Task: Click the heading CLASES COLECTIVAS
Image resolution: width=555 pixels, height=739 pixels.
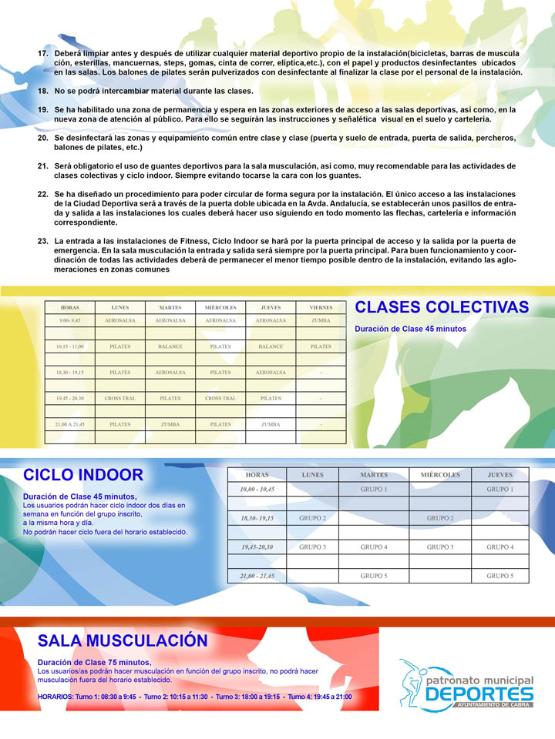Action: coord(442,308)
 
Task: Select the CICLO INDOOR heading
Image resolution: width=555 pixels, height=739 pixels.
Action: coord(83,475)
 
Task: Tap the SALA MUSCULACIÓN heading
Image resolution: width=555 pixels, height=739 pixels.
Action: coord(123,640)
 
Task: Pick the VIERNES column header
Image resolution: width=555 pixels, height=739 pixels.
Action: coord(321,307)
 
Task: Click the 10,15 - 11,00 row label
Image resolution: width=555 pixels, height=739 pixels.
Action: coord(70,346)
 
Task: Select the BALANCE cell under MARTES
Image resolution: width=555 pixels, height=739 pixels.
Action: coord(170,346)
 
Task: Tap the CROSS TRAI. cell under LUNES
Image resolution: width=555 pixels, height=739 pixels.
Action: coord(119,398)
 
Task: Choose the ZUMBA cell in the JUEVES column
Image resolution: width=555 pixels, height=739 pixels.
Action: coord(271,424)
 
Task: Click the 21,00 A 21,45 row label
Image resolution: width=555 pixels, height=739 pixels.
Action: coord(70,424)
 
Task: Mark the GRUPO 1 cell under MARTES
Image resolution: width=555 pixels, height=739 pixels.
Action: coord(374,490)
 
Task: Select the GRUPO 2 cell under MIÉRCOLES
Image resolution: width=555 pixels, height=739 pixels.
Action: coord(440,518)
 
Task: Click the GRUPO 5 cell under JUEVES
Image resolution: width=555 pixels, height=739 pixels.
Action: coord(500,576)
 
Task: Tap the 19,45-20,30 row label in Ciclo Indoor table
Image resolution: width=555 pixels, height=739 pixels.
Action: coord(257,547)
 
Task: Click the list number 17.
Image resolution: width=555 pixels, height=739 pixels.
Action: coord(43,53)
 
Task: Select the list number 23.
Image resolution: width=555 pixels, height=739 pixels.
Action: coord(43,242)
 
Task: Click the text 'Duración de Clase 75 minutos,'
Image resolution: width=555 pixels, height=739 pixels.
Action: coord(95,662)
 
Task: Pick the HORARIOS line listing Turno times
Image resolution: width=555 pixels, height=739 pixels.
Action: coord(194,697)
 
